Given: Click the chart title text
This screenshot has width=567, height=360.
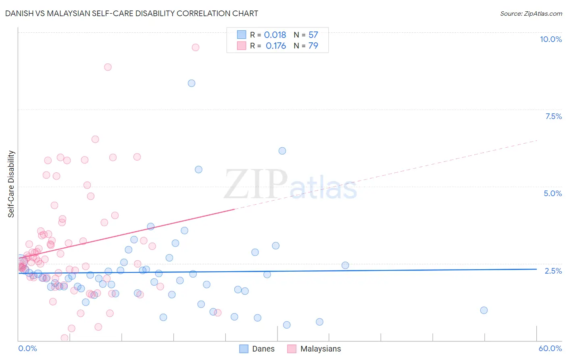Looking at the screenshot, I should click(x=131, y=13).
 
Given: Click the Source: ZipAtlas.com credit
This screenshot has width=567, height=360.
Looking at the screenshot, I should click(x=531, y=13).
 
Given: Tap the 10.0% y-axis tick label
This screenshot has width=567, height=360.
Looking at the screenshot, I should click(x=550, y=39).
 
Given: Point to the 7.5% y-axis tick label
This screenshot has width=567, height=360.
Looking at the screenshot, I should click(x=553, y=116).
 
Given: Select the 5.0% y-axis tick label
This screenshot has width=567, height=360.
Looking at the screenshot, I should click(x=552, y=193).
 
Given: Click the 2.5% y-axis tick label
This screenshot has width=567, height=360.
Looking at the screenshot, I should click(x=553, y=271).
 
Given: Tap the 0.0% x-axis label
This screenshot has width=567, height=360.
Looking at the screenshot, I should click(x=27, y=348).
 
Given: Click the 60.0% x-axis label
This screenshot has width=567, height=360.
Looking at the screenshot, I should click(x=550, y=348).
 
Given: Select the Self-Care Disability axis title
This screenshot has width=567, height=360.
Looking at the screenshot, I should click(x=11, y=184).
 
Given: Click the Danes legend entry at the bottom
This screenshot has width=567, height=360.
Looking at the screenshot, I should click(x=257, y=349).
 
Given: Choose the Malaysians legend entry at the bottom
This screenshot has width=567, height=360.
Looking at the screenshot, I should click(x=314, y=349).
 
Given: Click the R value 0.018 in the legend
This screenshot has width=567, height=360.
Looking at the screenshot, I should click(x=275, y=35).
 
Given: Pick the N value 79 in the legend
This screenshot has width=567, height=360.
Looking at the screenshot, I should click(x=313, y=46).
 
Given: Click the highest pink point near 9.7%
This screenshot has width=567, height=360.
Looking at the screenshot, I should click(x=196, y=47).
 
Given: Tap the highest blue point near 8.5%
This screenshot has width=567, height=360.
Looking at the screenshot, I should click(x=192, y=83).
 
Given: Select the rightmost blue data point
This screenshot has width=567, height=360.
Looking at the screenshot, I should click(x=484, y=310).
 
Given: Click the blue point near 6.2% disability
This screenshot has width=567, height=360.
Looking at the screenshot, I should click(x=282, y=151).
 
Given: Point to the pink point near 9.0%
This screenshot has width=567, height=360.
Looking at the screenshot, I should click(x=108, y=67).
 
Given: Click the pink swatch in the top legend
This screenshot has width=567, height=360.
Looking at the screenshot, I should click(x=242, y=46).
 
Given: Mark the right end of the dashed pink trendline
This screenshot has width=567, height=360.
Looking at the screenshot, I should click(x=537, y=140).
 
